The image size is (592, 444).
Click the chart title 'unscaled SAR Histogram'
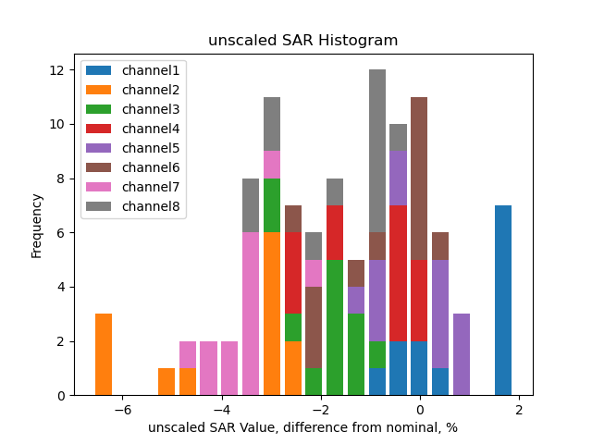[302, 41]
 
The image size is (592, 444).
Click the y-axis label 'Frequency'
[37, 225]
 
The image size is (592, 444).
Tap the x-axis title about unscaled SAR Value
[302, 427]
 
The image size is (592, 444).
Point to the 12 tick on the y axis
[57, 70]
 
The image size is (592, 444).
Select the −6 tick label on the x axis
[122, 410]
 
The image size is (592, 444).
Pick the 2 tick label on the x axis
[519, 410]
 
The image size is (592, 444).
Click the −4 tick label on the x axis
[221, 410]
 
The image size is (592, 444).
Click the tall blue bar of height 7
[503, 301]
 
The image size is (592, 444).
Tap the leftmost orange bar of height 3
[104, 354]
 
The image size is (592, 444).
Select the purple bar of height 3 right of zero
[462, 354]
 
